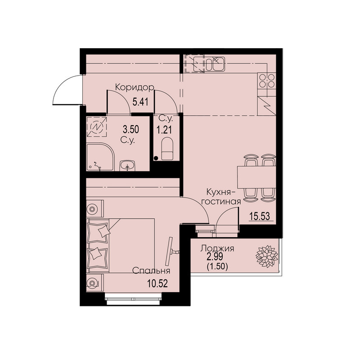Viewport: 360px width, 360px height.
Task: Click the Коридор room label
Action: (x=135, y=87)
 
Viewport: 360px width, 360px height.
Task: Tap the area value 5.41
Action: (x=140, y=102)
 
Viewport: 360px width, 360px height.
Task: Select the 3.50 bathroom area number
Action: (x=131, y=130)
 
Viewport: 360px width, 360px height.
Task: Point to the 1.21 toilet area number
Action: (x=164, y=130)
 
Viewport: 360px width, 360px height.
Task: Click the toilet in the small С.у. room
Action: (x=167, y=149)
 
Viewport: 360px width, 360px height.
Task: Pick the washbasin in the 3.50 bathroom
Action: (x=128, y=166)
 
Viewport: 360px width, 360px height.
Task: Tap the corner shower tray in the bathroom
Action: (x=100, y=157)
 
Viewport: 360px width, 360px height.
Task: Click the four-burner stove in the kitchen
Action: (x=267, y=81)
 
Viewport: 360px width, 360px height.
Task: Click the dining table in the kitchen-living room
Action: (x=256, y=177)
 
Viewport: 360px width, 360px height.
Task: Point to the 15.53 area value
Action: (x=260, y=216)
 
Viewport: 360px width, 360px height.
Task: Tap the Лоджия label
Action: (x=217, y=248)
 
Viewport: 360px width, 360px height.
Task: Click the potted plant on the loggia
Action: (x=267, y=256)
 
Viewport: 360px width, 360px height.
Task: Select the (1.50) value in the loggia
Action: (x=217, y=266)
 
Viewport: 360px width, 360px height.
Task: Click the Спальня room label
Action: (x=151, y=271)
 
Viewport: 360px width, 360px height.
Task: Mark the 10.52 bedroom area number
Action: (x=157, y=284)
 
